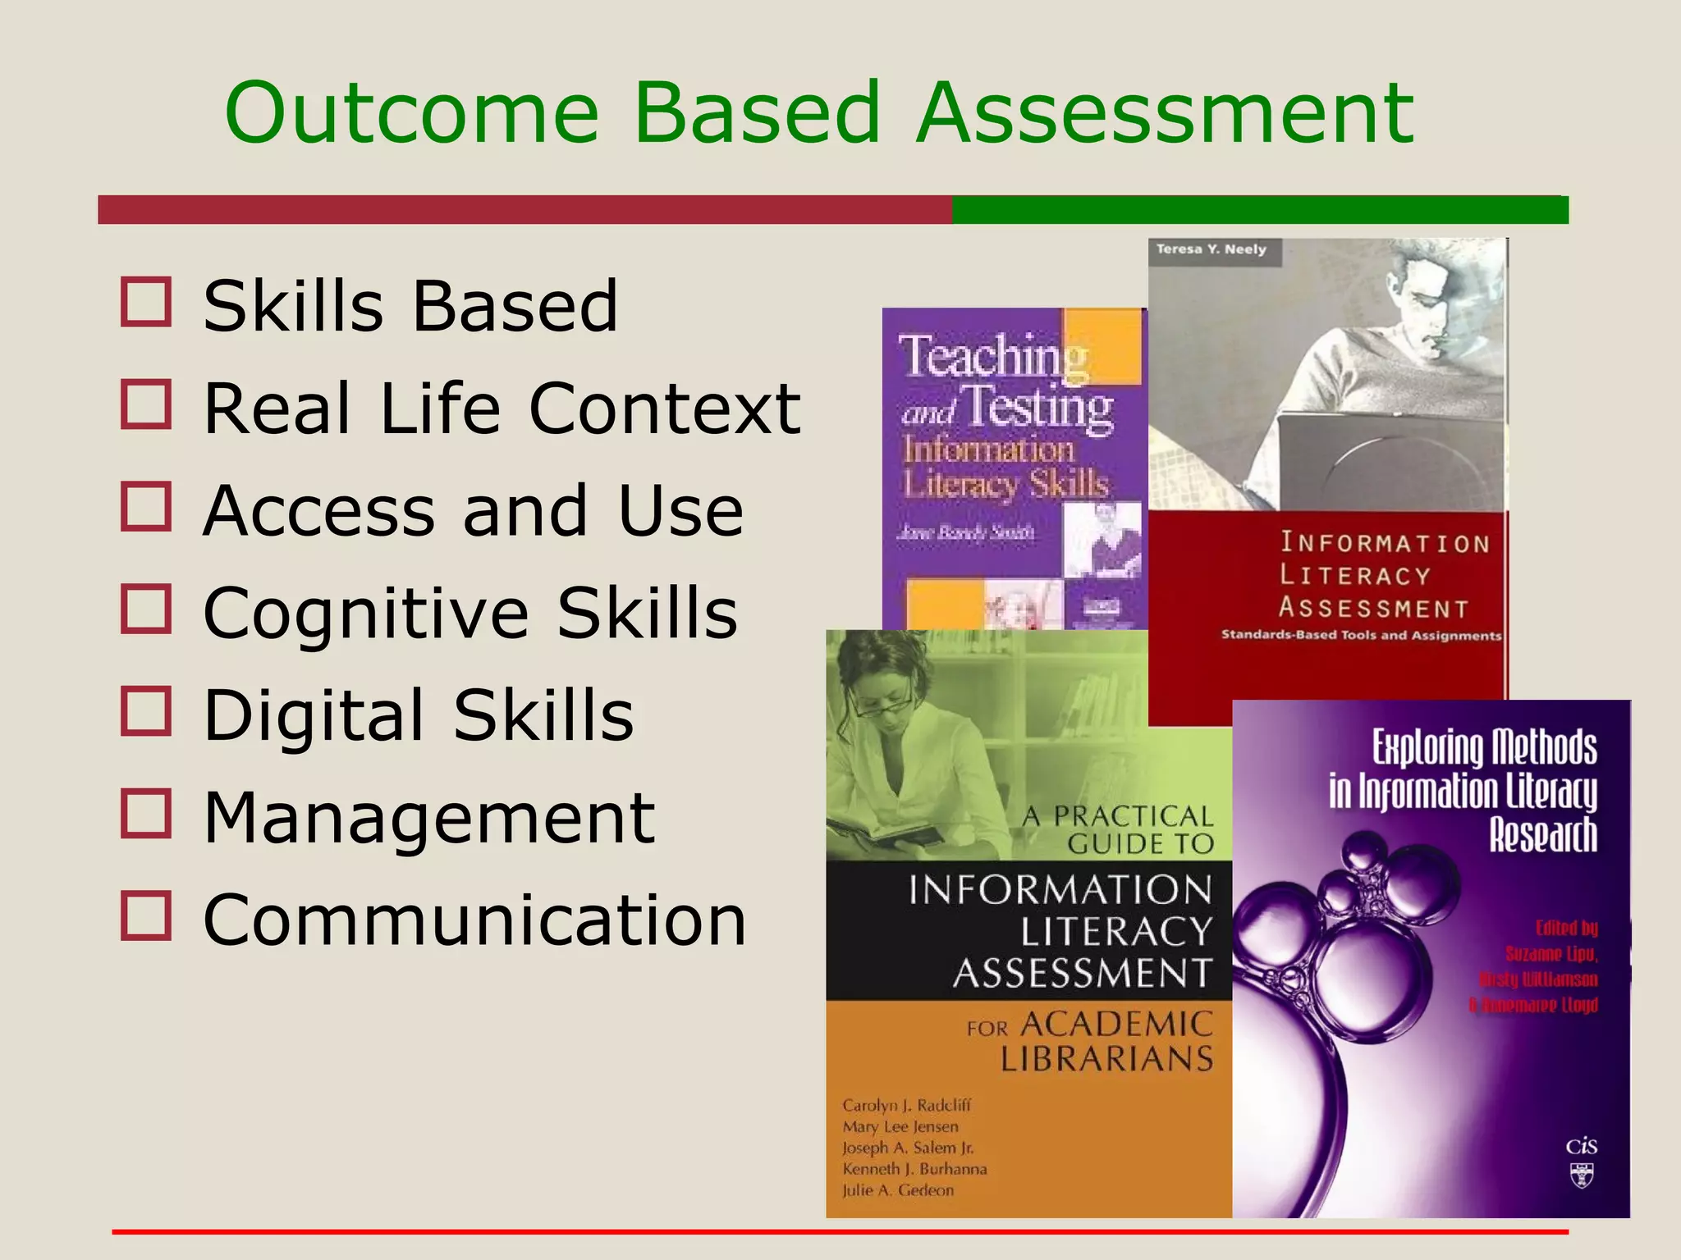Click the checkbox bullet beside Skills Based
(146, 302)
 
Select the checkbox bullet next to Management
(146, 814)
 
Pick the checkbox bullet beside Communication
(146, 915)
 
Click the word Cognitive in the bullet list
(366, 613)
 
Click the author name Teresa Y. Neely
(1211, 249)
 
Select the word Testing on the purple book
(1037, 407)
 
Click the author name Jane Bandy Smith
(965, 532)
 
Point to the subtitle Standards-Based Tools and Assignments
(1360, 635)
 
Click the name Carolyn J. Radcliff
(906, 1105)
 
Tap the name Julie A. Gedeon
(898, 1190)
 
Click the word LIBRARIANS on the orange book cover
(1106, 1059)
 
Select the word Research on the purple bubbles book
(1543, 835)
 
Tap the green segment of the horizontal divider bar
(1260, 210)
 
